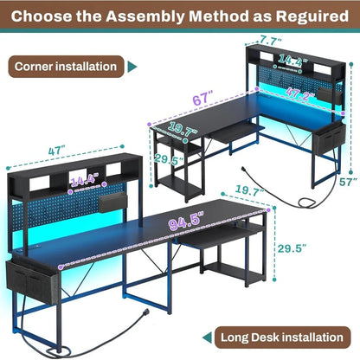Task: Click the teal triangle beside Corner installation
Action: pos(132,66)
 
